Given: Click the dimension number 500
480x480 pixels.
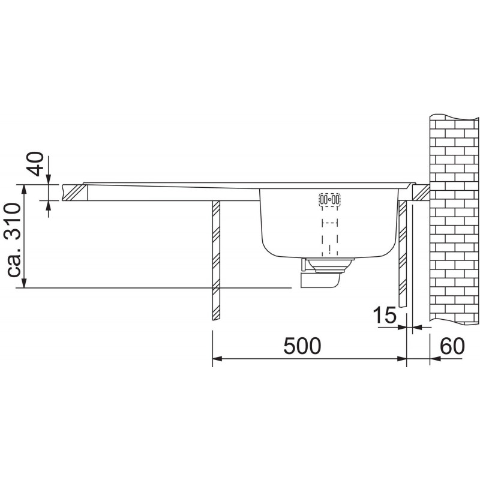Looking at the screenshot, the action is (302, 346).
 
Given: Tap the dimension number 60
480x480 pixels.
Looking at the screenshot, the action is (452, 346).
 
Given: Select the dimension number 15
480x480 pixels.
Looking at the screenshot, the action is (385, 316).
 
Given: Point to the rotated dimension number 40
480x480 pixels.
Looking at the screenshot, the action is (37, 164).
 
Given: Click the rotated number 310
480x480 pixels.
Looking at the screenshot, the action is (14, 221).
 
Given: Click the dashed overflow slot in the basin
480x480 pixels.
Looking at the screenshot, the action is (329, 200).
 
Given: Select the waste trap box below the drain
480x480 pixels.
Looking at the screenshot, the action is (320, 281).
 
